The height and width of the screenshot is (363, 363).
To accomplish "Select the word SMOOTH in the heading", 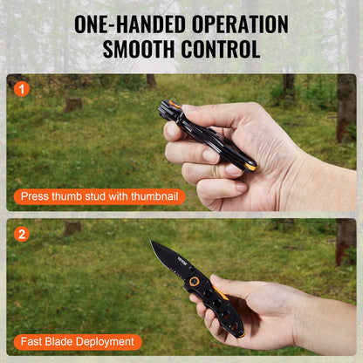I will click(x=138, y=49).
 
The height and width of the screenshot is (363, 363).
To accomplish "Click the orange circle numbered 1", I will click(x=22, y=88).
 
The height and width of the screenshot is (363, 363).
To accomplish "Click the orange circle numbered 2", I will click(x=22, y=234).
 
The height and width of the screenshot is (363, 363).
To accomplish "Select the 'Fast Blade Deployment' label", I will click(x=77, y=342).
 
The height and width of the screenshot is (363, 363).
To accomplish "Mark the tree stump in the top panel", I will click(x=74, y=103).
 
